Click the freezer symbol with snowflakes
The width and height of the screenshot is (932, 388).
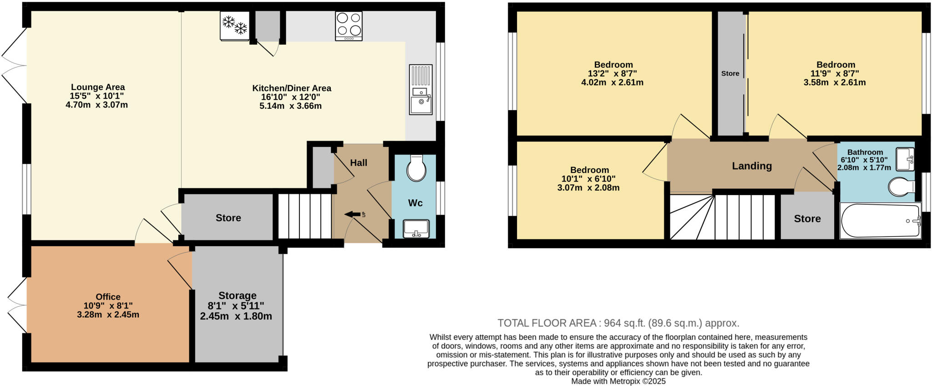pos(234,25)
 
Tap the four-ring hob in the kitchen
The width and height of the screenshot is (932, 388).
pos(349,25)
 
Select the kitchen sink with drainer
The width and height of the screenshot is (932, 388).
pos(420,90)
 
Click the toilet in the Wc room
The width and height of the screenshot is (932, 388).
pos(416,168)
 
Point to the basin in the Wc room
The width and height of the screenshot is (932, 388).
pos(416,229)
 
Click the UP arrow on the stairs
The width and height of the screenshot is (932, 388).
pos(353,214)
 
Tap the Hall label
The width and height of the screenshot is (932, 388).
pos(359,163)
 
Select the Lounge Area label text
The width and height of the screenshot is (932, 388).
pos(98,87)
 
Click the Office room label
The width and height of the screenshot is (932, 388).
pos(108,297)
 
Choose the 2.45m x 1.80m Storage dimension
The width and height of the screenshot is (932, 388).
pos(236,316)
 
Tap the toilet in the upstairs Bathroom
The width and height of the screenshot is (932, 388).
pos(902,186)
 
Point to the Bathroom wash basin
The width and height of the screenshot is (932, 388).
pos(905,159)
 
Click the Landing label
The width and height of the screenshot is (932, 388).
pos(752,166)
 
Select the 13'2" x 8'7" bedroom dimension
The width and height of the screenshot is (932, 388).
pos(613,73)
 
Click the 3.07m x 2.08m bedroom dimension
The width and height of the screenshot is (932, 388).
pos(588,187)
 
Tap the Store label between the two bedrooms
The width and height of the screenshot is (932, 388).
pos(730,73)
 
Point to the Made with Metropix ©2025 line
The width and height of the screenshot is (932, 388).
pos(618,381)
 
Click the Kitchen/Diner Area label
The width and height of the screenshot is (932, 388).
pos(292,88)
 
